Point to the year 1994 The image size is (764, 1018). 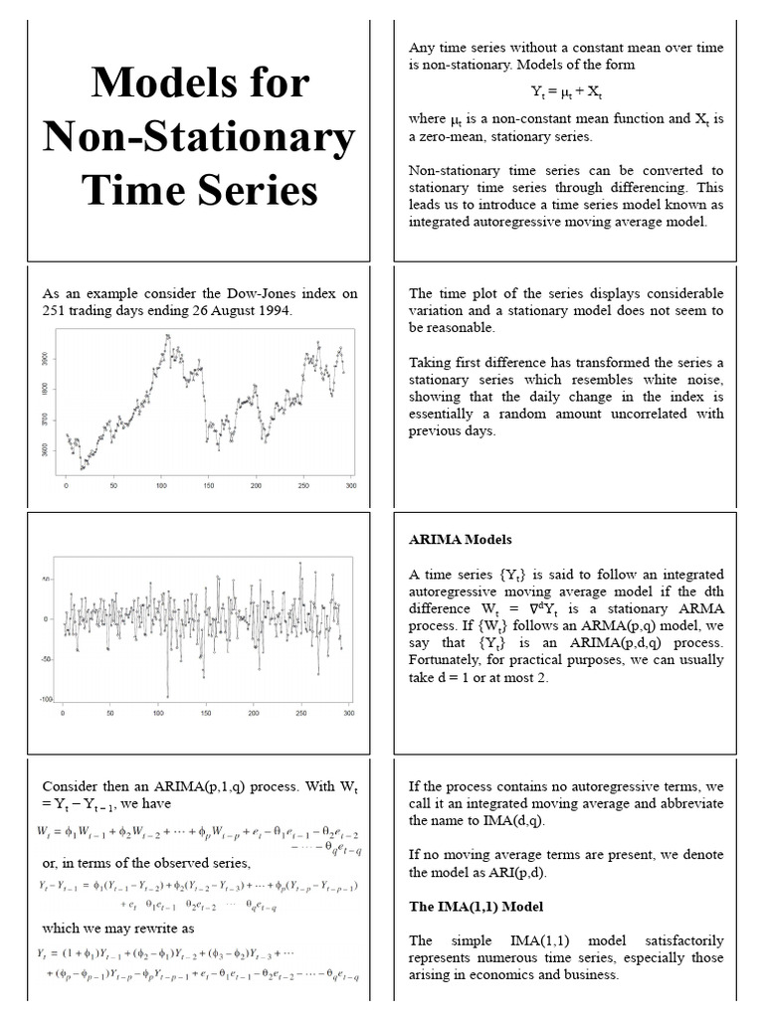click(x=276, y=310)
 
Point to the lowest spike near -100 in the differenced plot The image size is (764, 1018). click(x=167, y=695)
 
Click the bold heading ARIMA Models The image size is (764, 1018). click(x=461, y=540)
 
